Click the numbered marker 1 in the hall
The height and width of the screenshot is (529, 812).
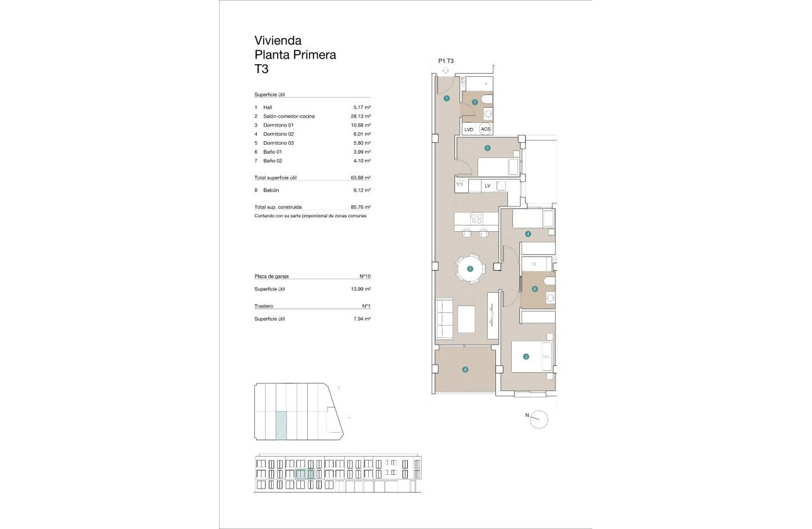pos(446,98)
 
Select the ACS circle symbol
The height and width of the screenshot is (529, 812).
pos(485,129)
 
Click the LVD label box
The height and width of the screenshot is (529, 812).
pos(468,129)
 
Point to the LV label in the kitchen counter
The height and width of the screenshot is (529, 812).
pos(487,186)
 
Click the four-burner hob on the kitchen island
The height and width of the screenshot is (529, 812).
pos(476,219)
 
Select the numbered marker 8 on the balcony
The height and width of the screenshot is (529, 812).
pos(465,370)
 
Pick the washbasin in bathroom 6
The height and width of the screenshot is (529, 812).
pos(550,298)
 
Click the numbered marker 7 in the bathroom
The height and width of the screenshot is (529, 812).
pos(475,101)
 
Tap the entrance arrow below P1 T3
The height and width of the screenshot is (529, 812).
pos(446,71)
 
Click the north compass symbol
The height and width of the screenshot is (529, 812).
pos(539,419)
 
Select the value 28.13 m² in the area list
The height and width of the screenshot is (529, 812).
pos(360,117)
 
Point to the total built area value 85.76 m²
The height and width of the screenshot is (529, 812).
pos(360,207)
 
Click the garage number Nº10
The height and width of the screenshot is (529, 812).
pos(364,276)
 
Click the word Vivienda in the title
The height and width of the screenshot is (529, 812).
pos(278,41)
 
